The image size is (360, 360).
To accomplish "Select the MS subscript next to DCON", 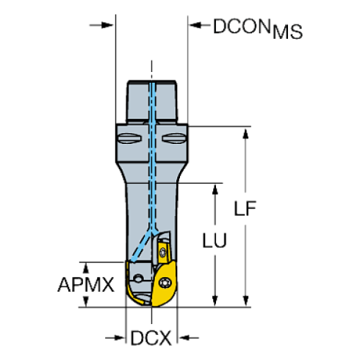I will click(x=287, y=32).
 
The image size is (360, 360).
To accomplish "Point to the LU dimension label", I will click(x=215, y=240).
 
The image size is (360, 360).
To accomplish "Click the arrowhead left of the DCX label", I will click(x=121, y=338).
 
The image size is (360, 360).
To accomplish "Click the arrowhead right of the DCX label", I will click(x=184, y=338).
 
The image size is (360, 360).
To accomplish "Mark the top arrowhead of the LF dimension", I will click(x=246, y=132).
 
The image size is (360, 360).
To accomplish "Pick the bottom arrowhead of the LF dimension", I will click(x=246, y=299).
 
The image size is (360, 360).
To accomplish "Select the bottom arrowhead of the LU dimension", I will click(x=215, y=299).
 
